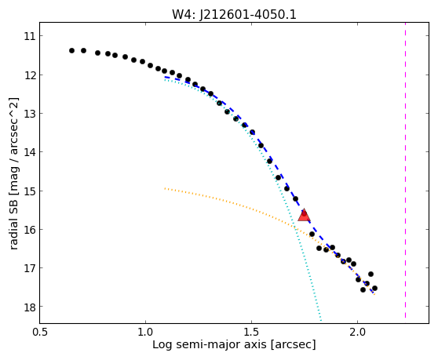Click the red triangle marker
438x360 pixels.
point(304,215)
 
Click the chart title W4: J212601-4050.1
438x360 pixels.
point(234,14)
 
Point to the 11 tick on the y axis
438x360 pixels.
point(41,36)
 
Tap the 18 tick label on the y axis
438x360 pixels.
point(30,307)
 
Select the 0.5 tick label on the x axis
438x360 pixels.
point(40,333)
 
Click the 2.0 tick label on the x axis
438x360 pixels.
point(358,333)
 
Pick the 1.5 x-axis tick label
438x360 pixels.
point(252,333)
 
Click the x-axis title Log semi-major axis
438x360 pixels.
point(210,345)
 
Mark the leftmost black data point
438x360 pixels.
point(71,50)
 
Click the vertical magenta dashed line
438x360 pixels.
point(405,171)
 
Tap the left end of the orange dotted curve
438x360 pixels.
point(165,188)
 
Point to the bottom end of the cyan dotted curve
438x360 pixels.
point(321,320)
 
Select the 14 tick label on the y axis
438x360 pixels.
point(30,152)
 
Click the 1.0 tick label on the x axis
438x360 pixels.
point(145,333)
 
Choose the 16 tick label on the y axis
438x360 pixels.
point(30,230)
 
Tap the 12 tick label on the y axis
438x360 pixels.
point(30,75)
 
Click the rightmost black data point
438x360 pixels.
point(375,289)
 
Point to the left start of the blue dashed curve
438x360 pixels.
point(165,77)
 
